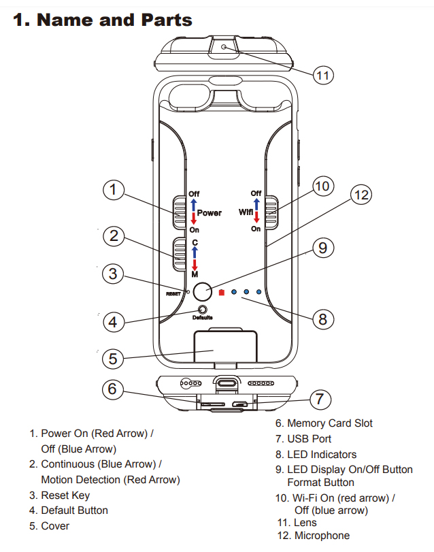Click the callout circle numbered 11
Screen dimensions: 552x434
tap(324, 76)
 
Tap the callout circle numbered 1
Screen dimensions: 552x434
tap(114, 191)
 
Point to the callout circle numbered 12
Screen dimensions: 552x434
tap(361, 195)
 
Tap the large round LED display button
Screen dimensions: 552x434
tap(202, 292)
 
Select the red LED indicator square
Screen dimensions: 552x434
tap(221, 293)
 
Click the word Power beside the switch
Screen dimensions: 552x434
tap(210, 213)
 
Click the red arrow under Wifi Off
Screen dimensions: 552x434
tap(256, 217)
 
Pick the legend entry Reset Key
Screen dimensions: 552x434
tap(65, 495)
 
